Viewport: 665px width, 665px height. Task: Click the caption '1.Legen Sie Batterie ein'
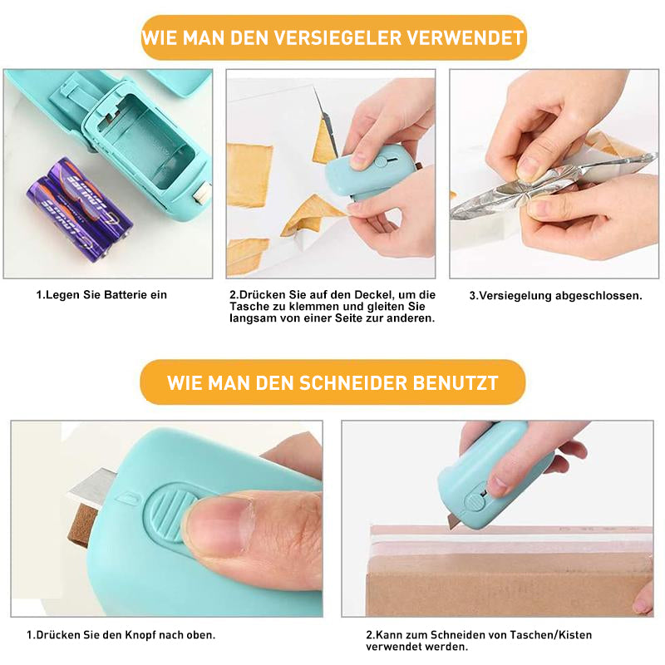click(x=101, y=295)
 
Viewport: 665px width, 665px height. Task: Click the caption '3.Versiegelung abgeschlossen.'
click(x=555, y=296)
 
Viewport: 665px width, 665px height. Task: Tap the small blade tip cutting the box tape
click(x=452, y=522)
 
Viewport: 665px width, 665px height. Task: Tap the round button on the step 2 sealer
click(x=381, y=161)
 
